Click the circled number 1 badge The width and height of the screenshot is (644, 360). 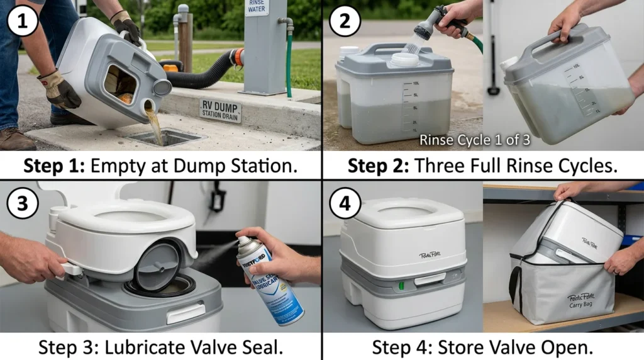[22, 23]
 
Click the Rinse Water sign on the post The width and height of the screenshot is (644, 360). [257, 8]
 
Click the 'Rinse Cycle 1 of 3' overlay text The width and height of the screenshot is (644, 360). [474, 140]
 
